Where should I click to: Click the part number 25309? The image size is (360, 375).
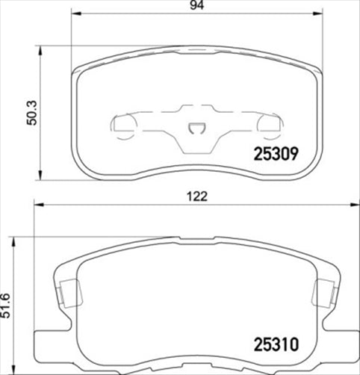[274, 155]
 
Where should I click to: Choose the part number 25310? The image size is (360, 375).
[274, 347]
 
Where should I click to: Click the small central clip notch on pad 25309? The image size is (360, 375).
[198, 128]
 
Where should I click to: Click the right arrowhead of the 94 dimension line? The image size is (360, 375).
[319, 14]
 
